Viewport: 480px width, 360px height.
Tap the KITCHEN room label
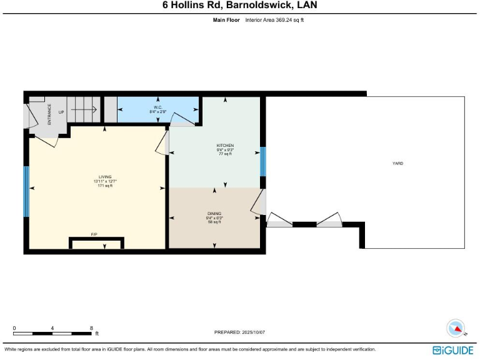click(225, 146)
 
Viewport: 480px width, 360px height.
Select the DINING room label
click(214, 214)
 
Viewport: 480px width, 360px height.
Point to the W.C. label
click(157, 107)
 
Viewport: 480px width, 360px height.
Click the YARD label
click(397, 163)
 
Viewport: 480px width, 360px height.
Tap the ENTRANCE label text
click(49, 114)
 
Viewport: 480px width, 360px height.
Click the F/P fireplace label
click(94, 234)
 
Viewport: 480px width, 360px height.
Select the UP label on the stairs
click(61, 112)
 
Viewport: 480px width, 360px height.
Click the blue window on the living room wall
click(26, 191)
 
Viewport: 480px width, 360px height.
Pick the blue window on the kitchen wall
click(263, 162)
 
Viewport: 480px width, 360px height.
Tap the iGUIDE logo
click(452, 350)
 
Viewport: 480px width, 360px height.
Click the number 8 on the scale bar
click(91, 328)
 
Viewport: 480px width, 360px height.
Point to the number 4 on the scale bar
click(52, 328)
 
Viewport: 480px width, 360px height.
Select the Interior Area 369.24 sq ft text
click(274, 20)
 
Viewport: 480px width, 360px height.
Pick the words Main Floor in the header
click(226, 20)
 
